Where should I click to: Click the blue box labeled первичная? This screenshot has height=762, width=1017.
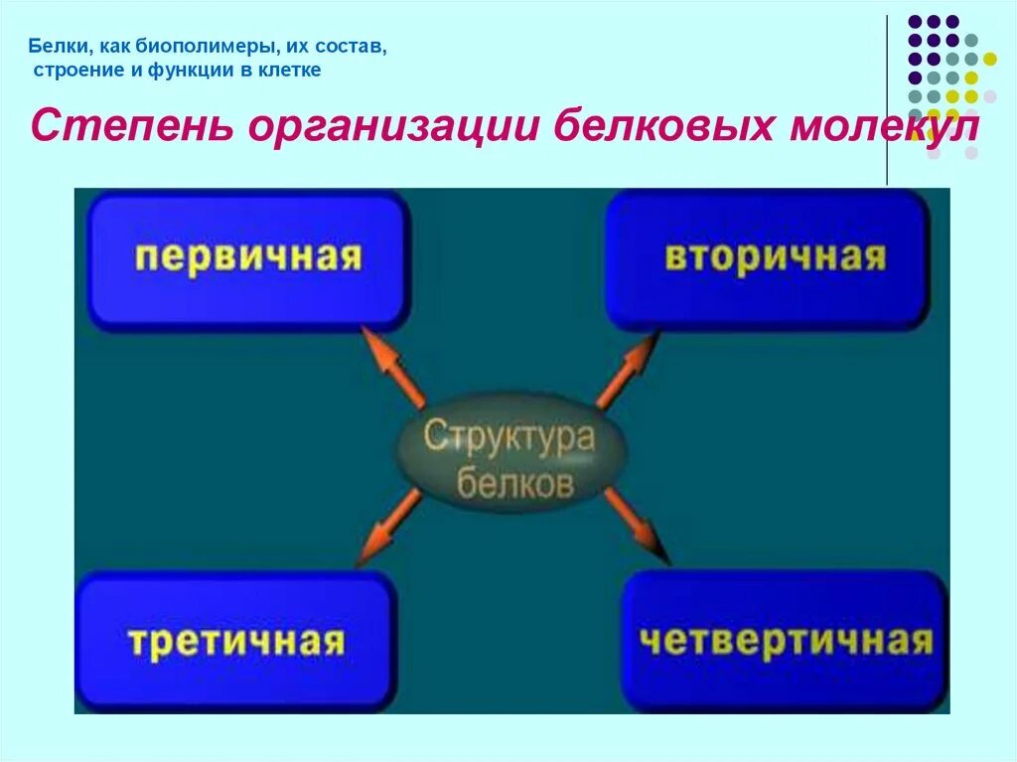click(x=248, y=259)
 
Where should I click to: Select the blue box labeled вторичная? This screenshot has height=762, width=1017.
click(x=767, y=258)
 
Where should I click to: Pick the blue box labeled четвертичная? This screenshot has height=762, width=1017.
click(x=785, y=641)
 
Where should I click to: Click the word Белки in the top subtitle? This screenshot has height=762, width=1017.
click(x=54, y=46)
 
